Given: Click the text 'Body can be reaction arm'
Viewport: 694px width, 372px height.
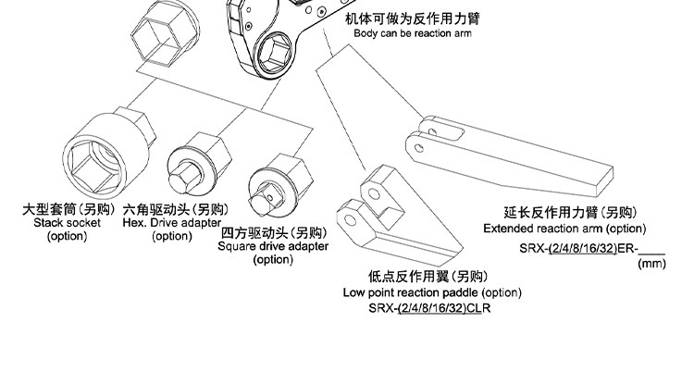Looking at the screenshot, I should point(413,33).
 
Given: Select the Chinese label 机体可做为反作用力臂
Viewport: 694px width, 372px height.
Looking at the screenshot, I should point(413,19).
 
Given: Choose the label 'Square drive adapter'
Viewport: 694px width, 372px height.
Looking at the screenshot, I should point(273,246).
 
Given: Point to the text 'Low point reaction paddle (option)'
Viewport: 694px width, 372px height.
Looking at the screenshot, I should point(432,292).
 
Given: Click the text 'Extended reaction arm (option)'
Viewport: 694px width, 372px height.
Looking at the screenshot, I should point(564,229).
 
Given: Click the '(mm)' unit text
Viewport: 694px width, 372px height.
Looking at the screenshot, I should point(652,264).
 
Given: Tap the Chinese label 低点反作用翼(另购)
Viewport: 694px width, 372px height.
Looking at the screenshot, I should point(428,277).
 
